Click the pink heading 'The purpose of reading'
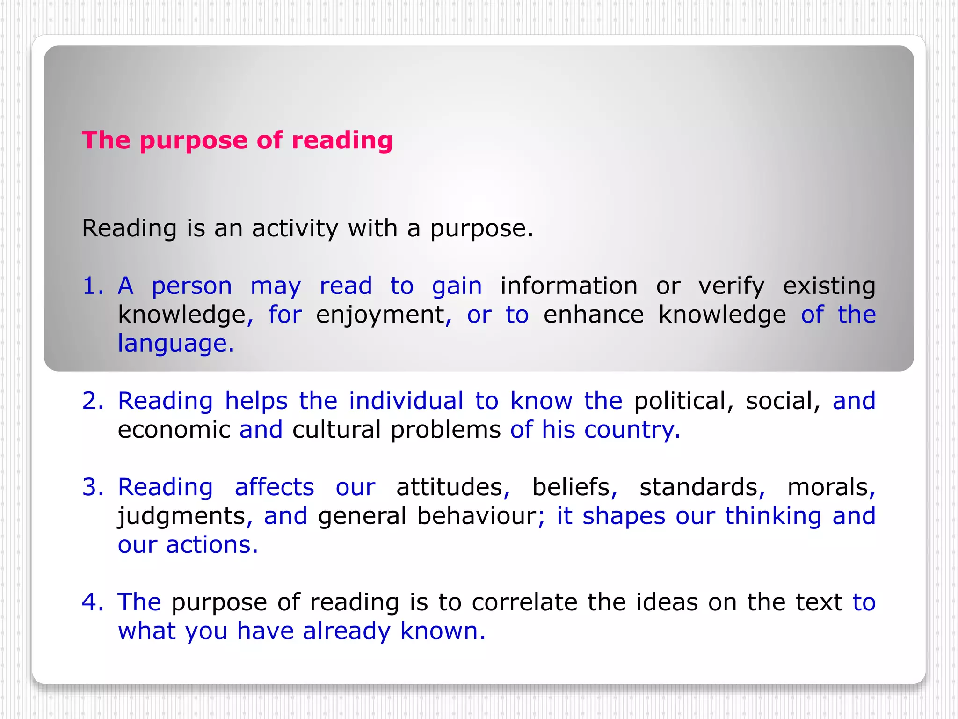coord(237,140)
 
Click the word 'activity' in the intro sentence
coord(295,229)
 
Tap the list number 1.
coord(93,286)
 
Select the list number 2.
coord(93,401)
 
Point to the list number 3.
coord(93,487)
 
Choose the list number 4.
coord(93,602)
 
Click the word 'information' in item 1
coord(569,286)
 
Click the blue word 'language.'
coord(175,344)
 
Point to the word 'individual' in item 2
coord(406,401)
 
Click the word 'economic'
coord(174,430)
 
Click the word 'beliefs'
coord(572,487)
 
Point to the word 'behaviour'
coord(477,516)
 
